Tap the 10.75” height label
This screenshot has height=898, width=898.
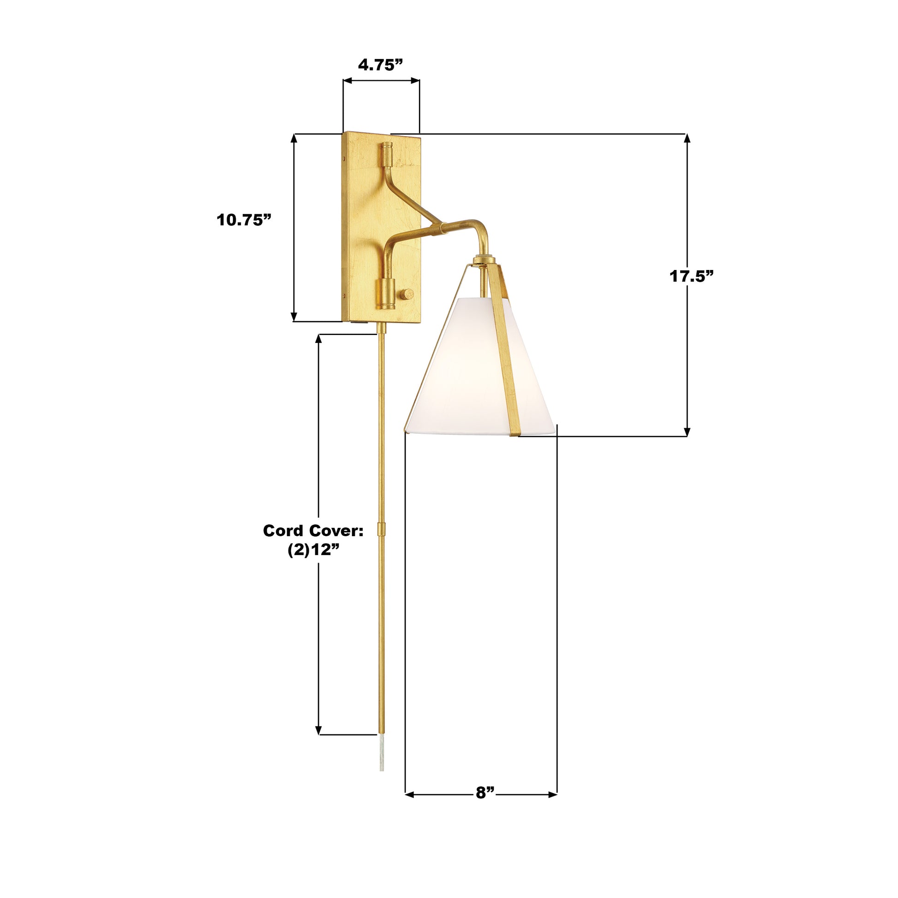click(x=244, y=220)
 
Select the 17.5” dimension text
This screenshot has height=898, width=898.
click(x=691, y=276)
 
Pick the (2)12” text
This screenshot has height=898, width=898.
click(x=313, y=551)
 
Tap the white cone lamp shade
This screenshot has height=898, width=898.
click(x=460, y=377)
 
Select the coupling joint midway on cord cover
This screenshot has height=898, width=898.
click(x=381, y=529)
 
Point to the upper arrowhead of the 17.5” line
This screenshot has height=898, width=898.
click(x=687, y=138)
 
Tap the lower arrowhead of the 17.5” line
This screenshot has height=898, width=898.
click(x=687, y=432)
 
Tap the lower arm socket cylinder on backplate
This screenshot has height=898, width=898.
click(x=385, y=294)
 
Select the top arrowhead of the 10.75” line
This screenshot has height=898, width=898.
click(x=294, y=138)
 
